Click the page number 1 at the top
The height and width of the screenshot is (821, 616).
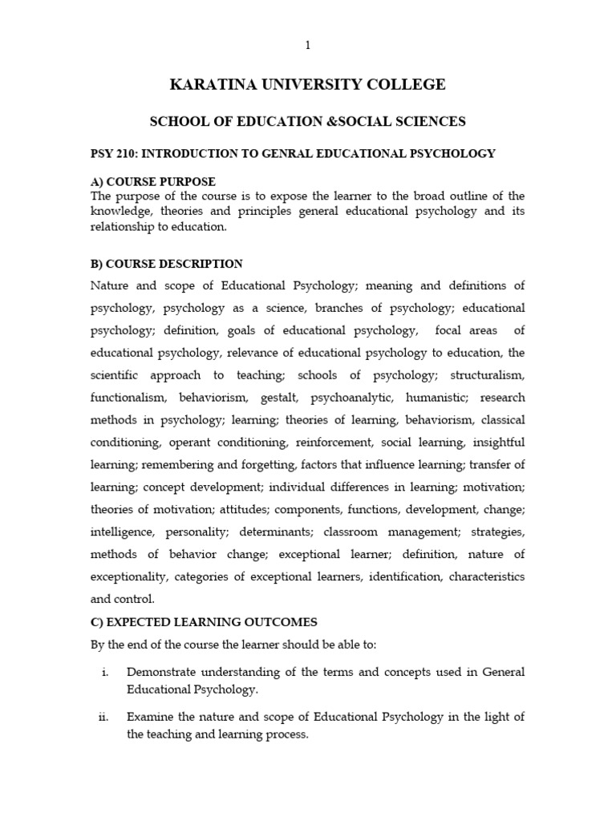coord(307,46)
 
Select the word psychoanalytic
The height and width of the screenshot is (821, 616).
coord(355,398)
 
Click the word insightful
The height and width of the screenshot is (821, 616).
coord(499,443)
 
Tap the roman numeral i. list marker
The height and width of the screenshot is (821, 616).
coord(105,673)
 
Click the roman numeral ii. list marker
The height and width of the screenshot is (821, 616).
coord(103,718)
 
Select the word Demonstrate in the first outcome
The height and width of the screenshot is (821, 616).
coord(165,673)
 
